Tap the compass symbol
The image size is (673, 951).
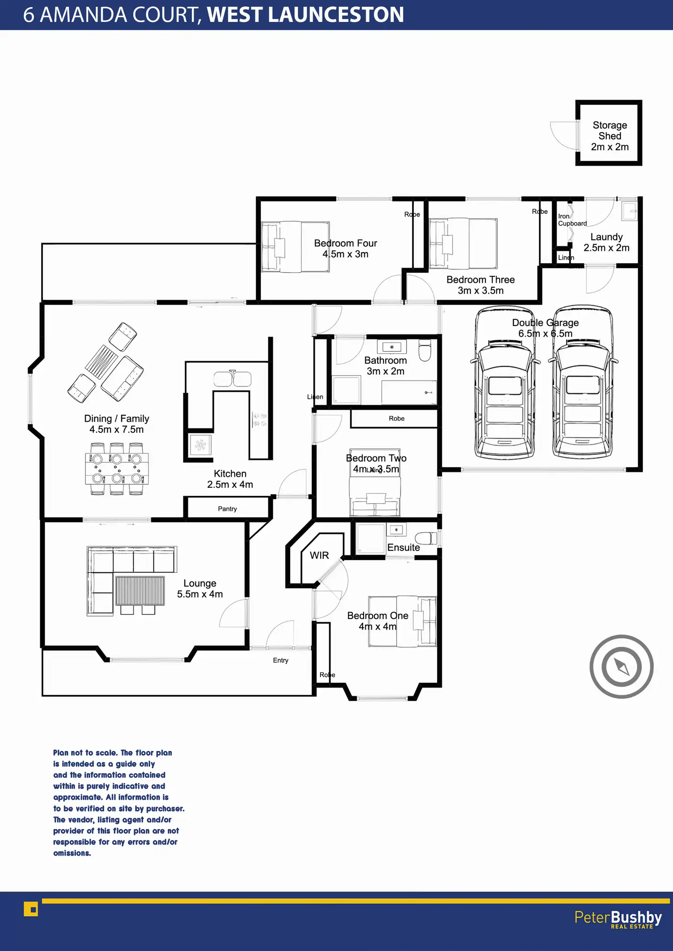[x=621, y=666]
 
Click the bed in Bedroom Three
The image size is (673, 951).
[x=463, y=243]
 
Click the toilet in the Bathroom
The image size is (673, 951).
[x=425, y=350]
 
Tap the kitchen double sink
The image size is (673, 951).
[x=232, y=379]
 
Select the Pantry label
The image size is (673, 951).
[x=227, y=509]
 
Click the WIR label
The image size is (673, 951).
[x=319, y=555]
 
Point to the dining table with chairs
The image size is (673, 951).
[x=117, y=469]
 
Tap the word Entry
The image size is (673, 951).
[x=281, y=660]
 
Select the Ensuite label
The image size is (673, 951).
[x=403, y=548]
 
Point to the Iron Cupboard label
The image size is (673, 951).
[x=572, y=220]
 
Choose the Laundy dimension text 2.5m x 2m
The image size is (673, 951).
[x=606, y=248]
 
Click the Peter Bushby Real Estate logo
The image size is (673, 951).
[x=618, y=919]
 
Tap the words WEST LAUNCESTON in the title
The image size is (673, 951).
[x=305, y=15]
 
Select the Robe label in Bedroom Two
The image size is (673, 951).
[x=396, y=418]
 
